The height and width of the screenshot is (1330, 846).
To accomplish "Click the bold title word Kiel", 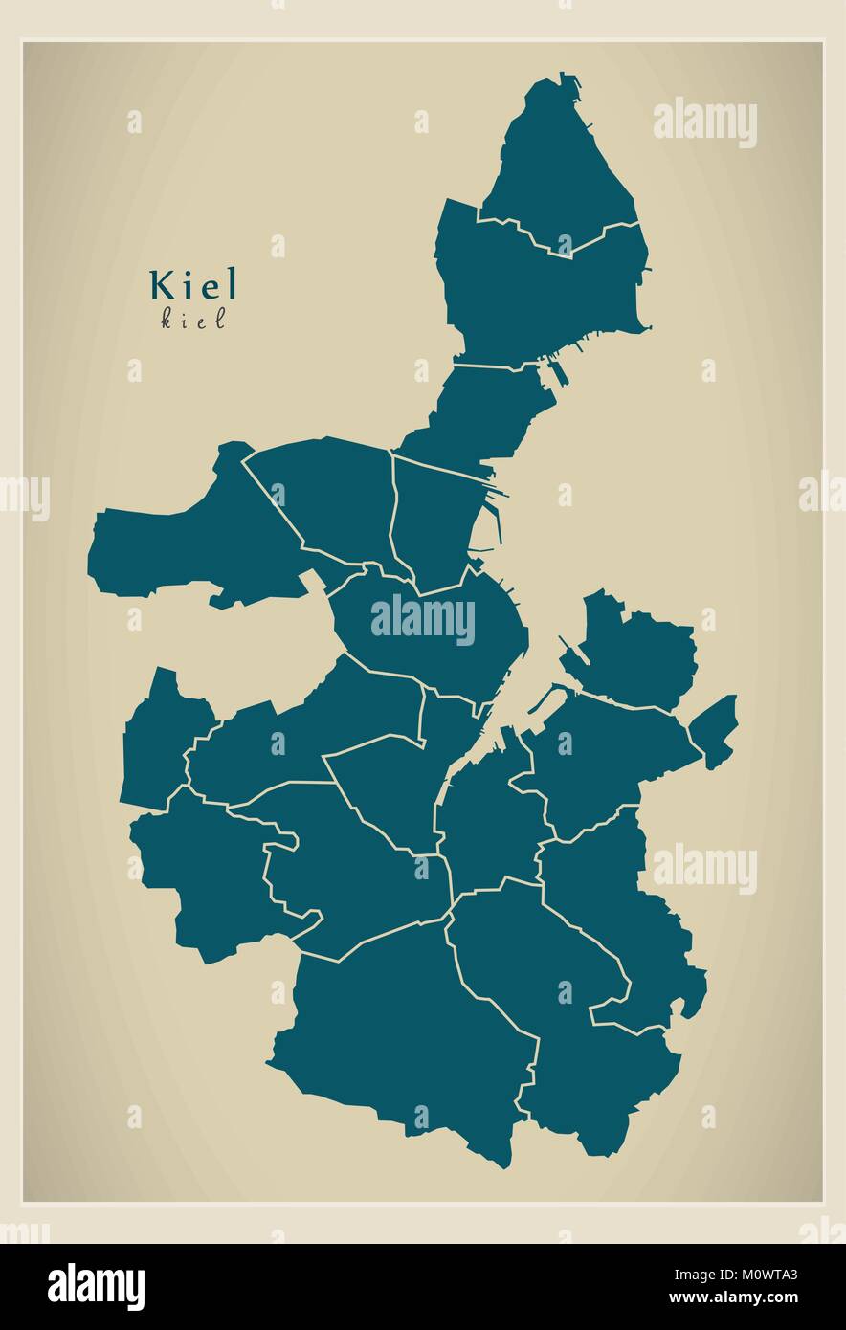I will point(192,284).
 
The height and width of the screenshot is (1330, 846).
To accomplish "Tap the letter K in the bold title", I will point(160,284).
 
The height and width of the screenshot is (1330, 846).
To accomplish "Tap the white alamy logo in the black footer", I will point(96,1286).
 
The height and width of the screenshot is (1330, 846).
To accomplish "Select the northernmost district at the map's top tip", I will point(555,163).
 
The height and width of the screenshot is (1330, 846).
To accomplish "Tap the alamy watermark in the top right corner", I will point(705,122).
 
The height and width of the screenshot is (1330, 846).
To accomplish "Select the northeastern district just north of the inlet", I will point(636,651).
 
